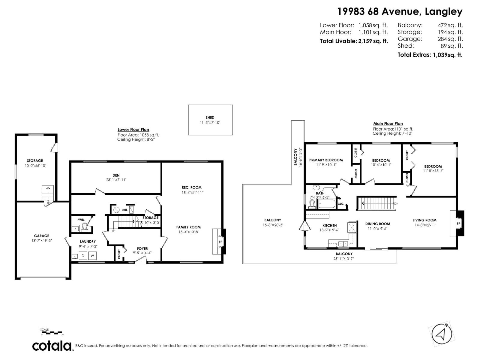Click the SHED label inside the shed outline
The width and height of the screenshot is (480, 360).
(x=210, y=118)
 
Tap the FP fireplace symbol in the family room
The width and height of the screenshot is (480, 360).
(x=220, y=242)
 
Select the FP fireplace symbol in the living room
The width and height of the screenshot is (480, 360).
(x=458, y=224)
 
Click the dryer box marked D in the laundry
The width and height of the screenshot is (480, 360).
(x=83, y=256)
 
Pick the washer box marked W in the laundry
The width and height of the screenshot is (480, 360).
(x=93, y=256)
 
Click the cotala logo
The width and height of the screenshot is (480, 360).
(x=52, y=346)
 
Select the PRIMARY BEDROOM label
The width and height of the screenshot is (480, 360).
(x=326, y=160)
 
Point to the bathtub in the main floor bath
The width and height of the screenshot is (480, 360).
(x=327, y=205)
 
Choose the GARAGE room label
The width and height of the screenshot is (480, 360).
(x=41, y=236)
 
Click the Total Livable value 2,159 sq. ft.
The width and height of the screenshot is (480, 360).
(x=373, y=41)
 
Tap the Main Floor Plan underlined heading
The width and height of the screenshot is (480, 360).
(x=388, y=124)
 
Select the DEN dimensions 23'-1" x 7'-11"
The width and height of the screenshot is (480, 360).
(x=116, y=180)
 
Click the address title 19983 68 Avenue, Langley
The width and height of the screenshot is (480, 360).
(x=400, y=12)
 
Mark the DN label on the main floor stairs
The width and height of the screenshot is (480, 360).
(x=396, y=203)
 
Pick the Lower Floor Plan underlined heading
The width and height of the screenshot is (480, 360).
(x=133, y=130)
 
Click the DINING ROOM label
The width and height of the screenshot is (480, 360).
(x=377, y=224)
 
